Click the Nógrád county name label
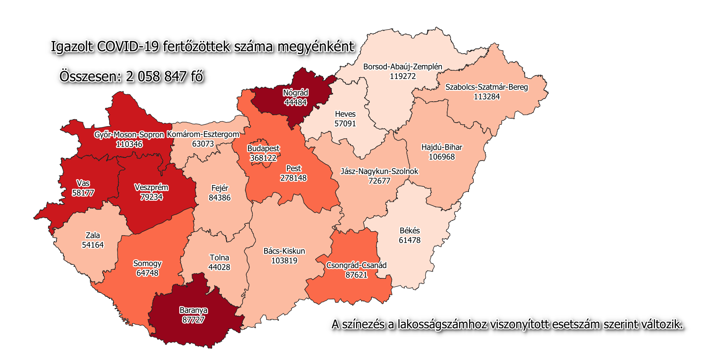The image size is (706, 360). click(x=296, y=93)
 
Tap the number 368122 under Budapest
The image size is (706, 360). click(x=263, y=158)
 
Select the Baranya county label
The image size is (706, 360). click(x=193, y=310)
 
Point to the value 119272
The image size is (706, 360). click(x=403, y=76)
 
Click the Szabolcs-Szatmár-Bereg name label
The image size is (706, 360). click(x=486, y=87)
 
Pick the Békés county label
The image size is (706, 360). click(x=410, y=230)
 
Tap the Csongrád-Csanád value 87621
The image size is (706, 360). click(x=356, y=275)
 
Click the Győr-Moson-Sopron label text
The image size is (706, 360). click(x=129, y=134)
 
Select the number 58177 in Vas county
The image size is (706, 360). click(x=83, y=193)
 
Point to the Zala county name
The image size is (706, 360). click(x=93, y=235)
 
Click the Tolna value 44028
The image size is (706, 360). click(x=219, y=267)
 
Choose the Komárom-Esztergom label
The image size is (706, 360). click(x=203, y=134)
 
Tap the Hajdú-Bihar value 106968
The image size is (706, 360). click(x=441, y=157)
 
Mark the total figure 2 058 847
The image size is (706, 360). click(x=156, y=77)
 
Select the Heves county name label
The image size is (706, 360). click(x=345, y=114)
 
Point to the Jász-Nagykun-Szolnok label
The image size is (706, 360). click(x=379, y=171)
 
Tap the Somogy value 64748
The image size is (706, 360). click(x=147, y=273)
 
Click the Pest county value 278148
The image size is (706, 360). click(x=293, y=178)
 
